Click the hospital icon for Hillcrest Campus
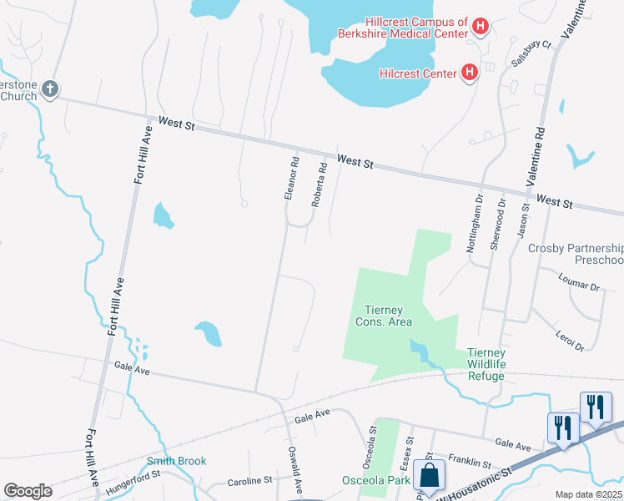480,27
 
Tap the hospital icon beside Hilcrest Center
469,73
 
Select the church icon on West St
49,89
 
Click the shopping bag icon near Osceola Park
430,476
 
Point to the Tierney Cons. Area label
384,316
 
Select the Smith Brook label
176,461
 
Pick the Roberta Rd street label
319,185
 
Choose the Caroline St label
251,481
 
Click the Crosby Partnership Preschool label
576,255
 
